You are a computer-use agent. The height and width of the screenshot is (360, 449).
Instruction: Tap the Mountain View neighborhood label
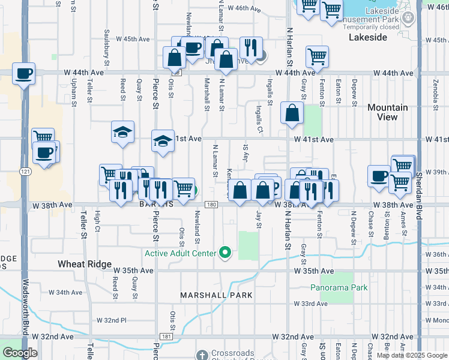[x=388, y=112]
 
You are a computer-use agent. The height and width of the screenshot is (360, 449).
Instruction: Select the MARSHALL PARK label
[x=216, y=295]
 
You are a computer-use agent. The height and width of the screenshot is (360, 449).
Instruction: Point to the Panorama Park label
[x=339, y=287]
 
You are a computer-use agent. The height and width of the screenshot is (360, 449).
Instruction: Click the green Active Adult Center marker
[x=226, y=253]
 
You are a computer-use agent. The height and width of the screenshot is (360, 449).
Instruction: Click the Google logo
[x=20, y=353]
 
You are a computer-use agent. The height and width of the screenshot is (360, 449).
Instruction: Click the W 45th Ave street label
[x=136, y=39]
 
